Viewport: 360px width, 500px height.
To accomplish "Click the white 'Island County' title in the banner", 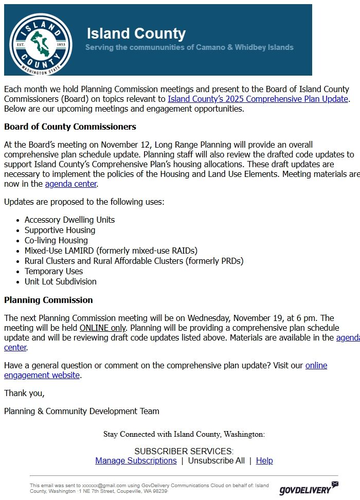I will tap(136, 33).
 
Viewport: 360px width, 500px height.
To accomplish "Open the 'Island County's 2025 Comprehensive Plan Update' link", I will tap(258, 99).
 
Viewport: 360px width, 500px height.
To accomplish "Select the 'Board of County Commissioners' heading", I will tap(70, 127).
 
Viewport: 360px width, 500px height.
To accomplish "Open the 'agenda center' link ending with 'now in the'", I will tap(70, 184).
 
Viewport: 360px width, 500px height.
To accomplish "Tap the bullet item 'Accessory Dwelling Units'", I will tap(69, 220).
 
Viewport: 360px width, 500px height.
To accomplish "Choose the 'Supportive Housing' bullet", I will tap(60, 230).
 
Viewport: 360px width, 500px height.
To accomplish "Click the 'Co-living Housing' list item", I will tap(56, 240).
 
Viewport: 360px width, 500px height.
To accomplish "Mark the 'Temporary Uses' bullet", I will tap(53, 271).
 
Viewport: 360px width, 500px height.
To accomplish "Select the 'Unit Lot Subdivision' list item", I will tap(60, 281).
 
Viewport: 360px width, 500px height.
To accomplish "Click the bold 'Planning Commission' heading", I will tap(48, 300).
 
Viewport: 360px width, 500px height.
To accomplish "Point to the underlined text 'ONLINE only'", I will tap(102, 328).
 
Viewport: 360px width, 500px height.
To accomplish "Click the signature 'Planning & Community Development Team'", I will tap(82, 411).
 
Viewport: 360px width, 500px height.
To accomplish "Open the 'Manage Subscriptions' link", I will tap(136, 460).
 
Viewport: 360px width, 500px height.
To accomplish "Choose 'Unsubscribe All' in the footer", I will tap(216, 460).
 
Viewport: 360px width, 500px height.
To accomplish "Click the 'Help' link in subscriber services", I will tap(264, 460).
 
